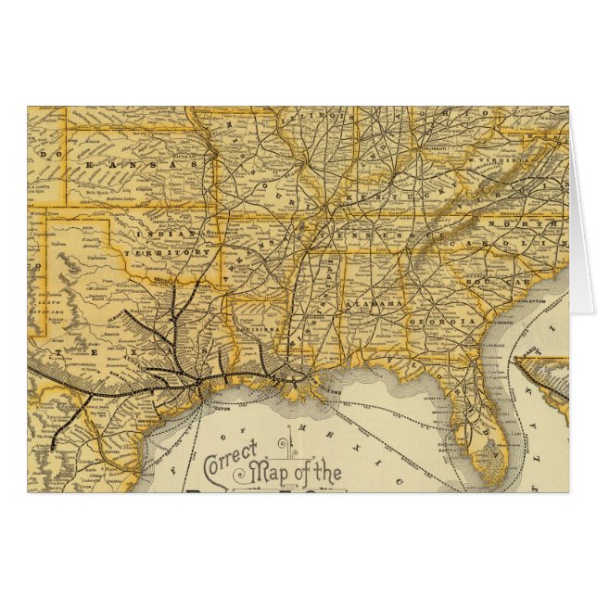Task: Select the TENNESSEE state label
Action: pos(371,236)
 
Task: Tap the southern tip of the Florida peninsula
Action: pos(494,482)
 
